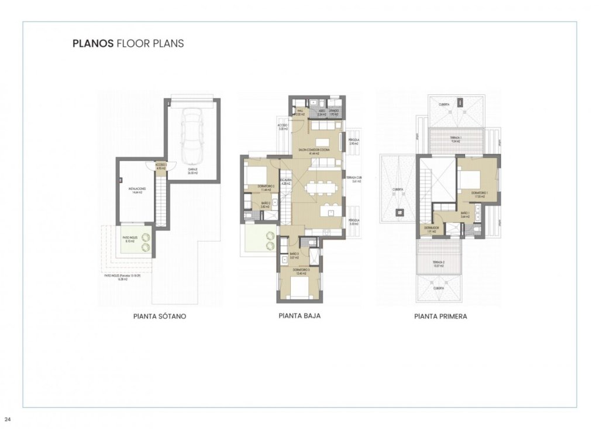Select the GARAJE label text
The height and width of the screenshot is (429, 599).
click(x=192, y=169)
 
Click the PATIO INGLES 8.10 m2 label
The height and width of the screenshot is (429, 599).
click(x=129, y=237)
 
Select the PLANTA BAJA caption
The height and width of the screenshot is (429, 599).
click(x=299, y=315)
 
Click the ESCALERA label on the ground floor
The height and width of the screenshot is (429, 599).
click(x=285, y=180)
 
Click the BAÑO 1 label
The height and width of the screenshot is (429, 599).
click(x=466, y=213)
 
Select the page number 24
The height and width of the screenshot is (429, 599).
click(x=8, y=419)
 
